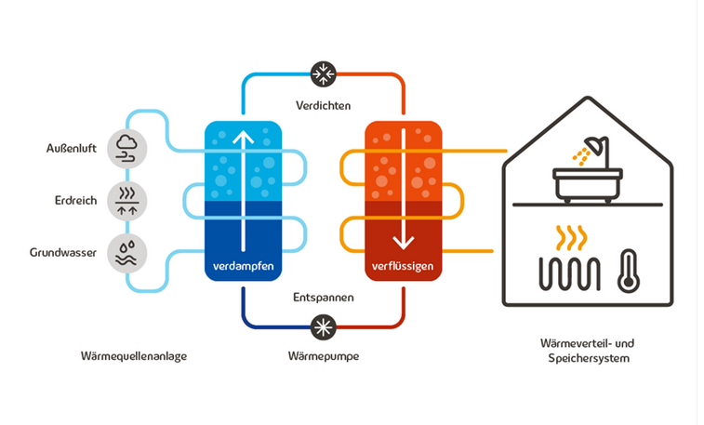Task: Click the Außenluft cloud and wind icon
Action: click(x=127, y=149)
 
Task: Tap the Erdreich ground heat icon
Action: click(x=127, y=201)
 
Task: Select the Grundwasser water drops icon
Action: click(x=127, y=253)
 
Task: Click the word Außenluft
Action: click(x=72, y=148)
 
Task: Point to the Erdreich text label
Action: click(x=76, y=200)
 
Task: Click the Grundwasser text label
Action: click(x=63, y=253)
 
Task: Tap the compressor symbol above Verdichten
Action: click(x=324, y=74)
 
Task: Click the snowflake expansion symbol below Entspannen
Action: click(x=324, y=327)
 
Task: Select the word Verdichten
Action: click(x=324, y=105)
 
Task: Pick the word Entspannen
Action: click(x=324, y=298)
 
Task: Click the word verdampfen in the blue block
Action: click(x=244, y=266)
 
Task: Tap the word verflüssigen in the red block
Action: click(x=403, y=267)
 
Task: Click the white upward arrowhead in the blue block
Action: click(x=244, y=137)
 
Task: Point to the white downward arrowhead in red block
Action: click(x=404, y=243)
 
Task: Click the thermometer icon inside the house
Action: click(x=629, y=272)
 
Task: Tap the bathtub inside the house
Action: click(x=587, y=185)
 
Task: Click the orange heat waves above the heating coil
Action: click(x=571, y=238)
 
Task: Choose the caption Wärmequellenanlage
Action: click(x=134, y=356)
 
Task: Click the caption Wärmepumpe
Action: click(x=324, y=356)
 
